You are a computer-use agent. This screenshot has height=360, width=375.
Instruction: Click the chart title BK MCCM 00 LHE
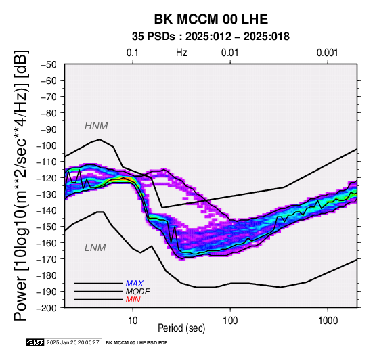coord(211,19)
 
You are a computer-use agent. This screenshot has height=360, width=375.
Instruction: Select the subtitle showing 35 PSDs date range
coord(211,37)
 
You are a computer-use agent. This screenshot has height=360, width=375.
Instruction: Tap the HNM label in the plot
coord(96,126)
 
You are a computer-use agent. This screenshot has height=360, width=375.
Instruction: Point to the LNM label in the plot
coord(95,248)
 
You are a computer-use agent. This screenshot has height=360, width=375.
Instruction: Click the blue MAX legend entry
coord(135,284)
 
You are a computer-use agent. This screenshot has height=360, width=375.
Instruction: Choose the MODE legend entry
coord(138,292)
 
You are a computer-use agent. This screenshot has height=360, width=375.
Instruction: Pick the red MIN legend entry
coord(133,300)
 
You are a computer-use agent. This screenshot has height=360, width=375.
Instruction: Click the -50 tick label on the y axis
coord(49,64)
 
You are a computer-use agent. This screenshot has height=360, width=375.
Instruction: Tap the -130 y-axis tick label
coord(47,194)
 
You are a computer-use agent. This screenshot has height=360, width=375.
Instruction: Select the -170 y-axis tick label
coord(47,259)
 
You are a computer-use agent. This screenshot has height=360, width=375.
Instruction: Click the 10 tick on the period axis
coord(133,321)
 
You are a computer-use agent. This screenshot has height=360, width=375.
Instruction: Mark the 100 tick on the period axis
coord(230,321)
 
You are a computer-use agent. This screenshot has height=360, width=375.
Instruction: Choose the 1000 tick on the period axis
coord(328,321)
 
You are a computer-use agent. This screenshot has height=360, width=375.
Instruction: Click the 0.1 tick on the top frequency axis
coord(133,53)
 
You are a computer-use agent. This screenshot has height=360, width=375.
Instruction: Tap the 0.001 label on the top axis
coord(327,53)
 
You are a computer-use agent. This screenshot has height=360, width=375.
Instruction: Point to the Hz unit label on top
coord(181,53)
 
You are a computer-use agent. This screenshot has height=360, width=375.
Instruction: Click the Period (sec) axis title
coord(181,328)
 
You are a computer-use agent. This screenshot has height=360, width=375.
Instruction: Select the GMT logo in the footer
coord(35,342)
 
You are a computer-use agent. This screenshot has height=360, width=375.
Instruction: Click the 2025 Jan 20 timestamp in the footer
coord(72,342)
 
